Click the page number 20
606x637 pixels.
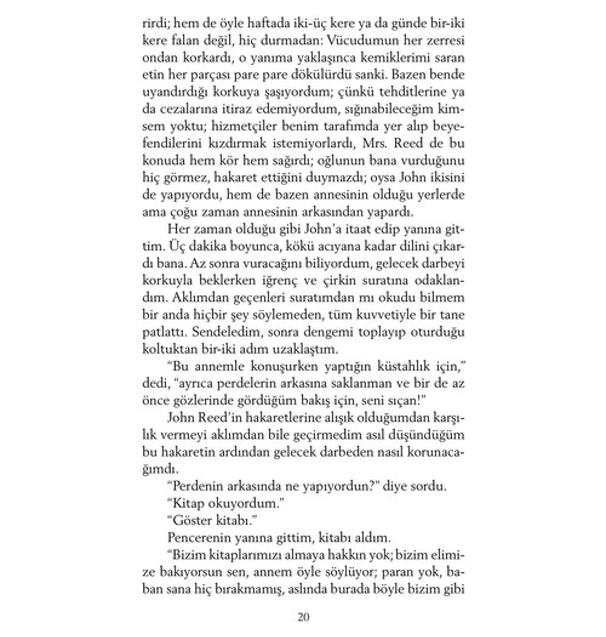pyautogui.click(x=304, y=617)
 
